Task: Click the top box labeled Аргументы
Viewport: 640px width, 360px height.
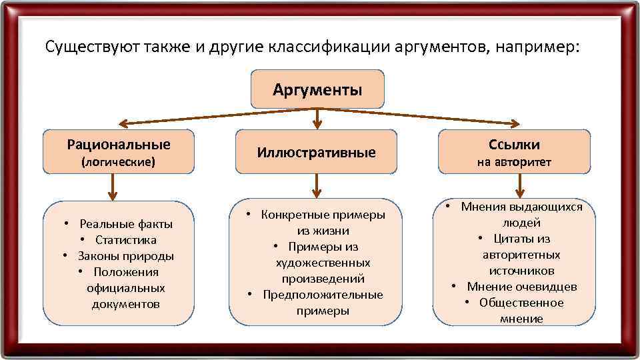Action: pos(317,89)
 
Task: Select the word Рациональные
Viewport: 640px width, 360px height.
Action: pos(119,144)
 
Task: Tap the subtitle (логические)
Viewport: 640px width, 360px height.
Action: pos(118,161)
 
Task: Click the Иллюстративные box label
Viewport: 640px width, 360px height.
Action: pos(317,153)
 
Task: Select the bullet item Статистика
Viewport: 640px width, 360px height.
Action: pos(125,240)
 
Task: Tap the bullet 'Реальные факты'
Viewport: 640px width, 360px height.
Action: pos(126,223)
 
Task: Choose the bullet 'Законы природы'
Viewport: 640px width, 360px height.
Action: pos(125,256)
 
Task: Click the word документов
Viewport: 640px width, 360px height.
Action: pos(126,304)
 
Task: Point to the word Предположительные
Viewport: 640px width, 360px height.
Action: pos(323,295)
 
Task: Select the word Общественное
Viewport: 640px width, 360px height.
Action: pos(521,303)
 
